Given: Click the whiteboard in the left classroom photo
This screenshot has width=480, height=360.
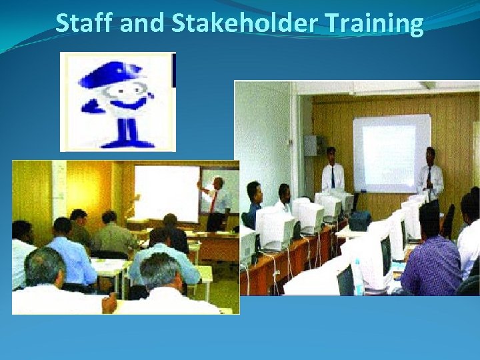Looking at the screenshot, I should coord(167,193).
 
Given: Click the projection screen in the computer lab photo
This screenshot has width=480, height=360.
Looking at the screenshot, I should coord(391,152).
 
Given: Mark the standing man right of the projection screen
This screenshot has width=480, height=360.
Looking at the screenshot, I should coord(430,175).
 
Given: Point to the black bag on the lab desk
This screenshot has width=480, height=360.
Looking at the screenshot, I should coord(360,220).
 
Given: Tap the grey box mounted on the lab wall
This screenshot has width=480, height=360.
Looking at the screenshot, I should coord(311,145).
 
